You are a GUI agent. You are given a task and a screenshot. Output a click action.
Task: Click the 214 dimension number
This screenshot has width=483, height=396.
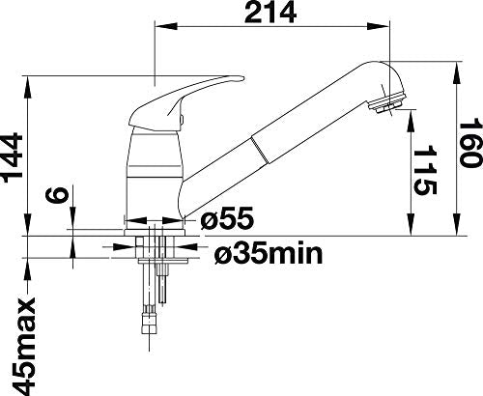point(270,13)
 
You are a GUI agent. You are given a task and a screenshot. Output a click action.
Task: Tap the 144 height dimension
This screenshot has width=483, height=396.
point(13,157)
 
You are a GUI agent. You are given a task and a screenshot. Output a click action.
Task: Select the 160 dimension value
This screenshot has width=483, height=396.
point(471,143)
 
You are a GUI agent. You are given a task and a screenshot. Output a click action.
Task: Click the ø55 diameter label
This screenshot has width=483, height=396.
point(227,218)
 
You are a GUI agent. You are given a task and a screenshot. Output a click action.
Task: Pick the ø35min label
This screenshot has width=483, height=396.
point(269,253)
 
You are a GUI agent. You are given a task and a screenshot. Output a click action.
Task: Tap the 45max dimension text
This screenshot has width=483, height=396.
point(23,347)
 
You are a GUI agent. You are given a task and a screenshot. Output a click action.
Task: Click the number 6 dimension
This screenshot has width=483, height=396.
point(58,195)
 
